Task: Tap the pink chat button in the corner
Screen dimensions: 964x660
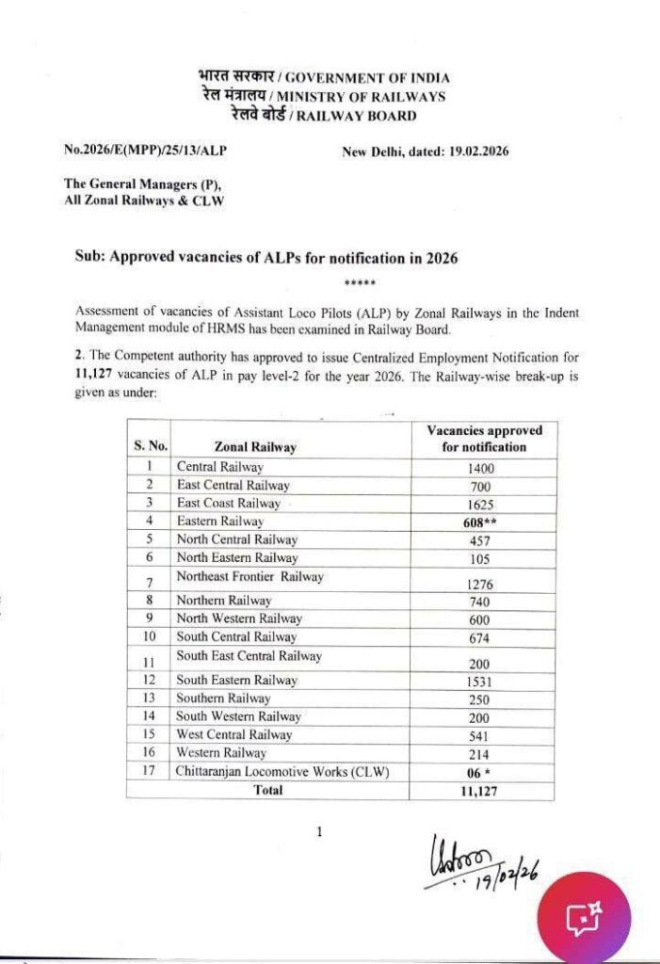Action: (584, 917)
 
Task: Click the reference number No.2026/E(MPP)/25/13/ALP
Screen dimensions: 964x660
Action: (145, 150)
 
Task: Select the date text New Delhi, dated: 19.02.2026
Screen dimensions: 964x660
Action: (425, 150)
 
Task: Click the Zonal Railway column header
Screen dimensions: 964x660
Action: (254, 447)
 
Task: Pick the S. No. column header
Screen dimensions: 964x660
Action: (150, 446)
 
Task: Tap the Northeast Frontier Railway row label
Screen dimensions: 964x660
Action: (250, 576)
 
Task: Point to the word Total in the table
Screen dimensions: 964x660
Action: (268, 791)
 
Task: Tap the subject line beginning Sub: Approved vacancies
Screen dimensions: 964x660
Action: (266, 258)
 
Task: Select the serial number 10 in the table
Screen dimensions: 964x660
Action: (149, 637)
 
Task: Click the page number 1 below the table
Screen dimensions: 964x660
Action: (320, 832)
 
